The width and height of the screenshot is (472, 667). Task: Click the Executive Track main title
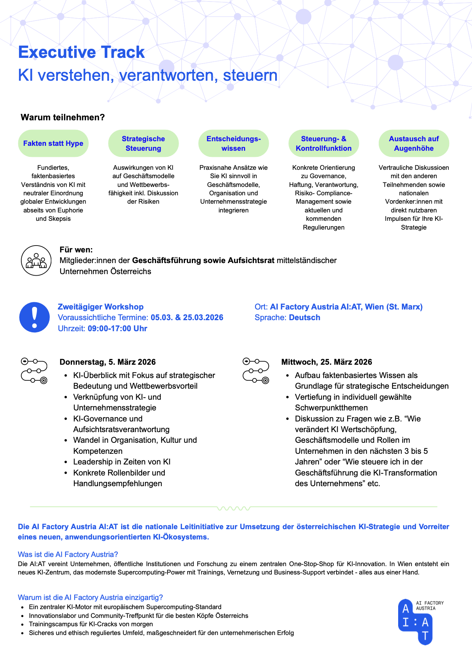tap(81, 52)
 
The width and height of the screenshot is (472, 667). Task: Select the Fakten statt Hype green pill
tap(53, 144)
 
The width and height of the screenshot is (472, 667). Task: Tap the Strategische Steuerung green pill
tap(144, 144)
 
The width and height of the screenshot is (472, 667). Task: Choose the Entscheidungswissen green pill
tap(233, 144)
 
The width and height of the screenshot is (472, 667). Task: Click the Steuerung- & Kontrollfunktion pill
tap(324, 144)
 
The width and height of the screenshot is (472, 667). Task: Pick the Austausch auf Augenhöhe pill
tap(414, 144)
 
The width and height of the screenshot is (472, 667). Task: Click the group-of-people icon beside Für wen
tap(36, 261)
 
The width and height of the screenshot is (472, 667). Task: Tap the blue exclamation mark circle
tap(35, 318)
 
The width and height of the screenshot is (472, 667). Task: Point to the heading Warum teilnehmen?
tap(63, 117)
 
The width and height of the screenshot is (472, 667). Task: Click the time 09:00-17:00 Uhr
tap(117, 329)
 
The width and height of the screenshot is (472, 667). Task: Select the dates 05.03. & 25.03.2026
tap(187, 318)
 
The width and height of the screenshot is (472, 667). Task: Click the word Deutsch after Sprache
tap(305, 318)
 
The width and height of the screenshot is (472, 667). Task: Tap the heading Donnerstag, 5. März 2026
tap(108, 362)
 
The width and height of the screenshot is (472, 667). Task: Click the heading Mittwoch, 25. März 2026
tap(327, 362)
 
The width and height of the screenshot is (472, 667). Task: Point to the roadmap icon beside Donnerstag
tap(34, 370)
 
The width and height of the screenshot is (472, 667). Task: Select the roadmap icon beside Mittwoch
tap(256, 370)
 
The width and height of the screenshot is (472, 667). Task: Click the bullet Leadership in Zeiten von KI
tap(122, 462)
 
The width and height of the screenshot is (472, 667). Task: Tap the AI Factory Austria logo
tap(416, 622)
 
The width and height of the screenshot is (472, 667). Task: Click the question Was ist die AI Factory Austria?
tap(68, 554)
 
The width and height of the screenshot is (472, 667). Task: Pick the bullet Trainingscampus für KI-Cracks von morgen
tap(91, 624)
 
